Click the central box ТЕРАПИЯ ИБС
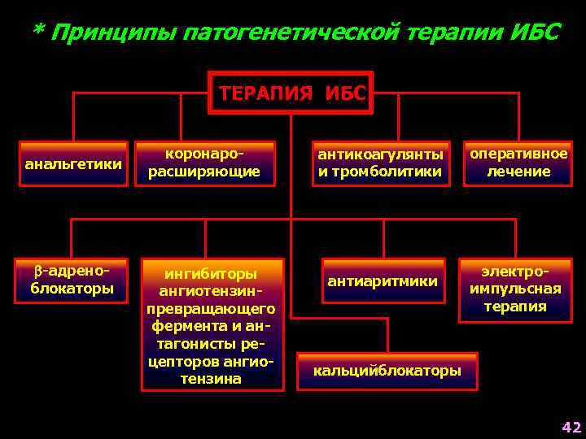coord(291,92)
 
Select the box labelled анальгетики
coord(74,165)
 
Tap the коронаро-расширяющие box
coord(203,163)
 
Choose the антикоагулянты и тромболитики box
coord(380,163)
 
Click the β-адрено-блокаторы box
coord(72,280)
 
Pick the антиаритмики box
coord(383,281)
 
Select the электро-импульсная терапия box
coord(515,289)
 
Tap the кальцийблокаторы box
coord(387,371)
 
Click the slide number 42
coord(571,428)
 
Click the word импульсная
coord(515,289)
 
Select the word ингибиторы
coord(212,274)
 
